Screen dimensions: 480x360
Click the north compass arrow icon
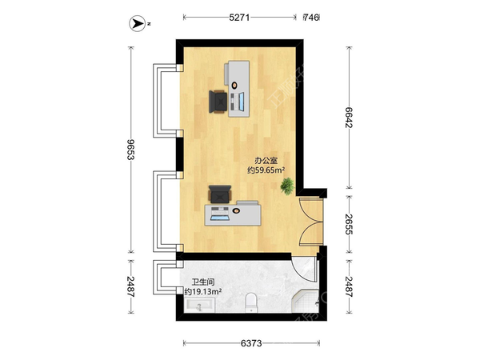click(x=137, y=23)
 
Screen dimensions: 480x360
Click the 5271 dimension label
click(x=239, y=18)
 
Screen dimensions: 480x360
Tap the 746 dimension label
click(x=311, y=18)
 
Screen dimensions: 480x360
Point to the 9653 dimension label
click(x=131, y=150)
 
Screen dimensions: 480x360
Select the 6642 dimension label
click(x=349, y=118)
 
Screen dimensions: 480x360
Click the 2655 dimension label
click(x=349, y=224)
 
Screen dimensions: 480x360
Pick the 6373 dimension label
click(x=251, y=343)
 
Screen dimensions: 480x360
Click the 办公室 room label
click(x=266, y=161)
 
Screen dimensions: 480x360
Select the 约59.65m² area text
click(x=266, y=170)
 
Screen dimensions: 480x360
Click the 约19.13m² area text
click(x=203, y=291)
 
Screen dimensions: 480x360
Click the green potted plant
click(x=287, y=186)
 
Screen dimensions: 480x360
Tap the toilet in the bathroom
click(x=252, y=302)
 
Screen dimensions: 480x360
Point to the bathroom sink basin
click(x=199, y=306)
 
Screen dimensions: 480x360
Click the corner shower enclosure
click(x=305, y=302)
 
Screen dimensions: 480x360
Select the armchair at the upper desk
click(x=218, y=102)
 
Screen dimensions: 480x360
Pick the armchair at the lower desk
click(x=220, y=194)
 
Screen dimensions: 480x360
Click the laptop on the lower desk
click(x=220, y=214)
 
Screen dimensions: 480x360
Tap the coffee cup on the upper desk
click(x=234, y=85)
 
